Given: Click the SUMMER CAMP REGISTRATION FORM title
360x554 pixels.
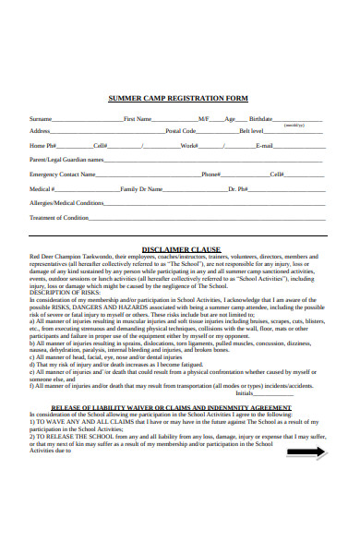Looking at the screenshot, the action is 178,98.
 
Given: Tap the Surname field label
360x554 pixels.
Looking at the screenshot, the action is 41,119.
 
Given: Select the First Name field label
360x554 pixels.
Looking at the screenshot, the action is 137,119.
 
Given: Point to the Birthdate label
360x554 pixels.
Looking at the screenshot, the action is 261,119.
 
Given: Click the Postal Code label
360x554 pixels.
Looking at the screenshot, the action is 180,131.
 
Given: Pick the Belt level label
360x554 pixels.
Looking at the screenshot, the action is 251,131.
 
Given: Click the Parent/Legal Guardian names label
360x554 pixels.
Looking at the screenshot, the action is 64,160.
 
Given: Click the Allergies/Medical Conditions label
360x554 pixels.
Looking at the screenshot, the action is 66,202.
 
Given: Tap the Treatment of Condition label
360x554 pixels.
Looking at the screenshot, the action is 58,218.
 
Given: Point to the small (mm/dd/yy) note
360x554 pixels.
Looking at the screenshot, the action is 294,125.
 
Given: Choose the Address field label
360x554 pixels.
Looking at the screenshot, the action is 40,131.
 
